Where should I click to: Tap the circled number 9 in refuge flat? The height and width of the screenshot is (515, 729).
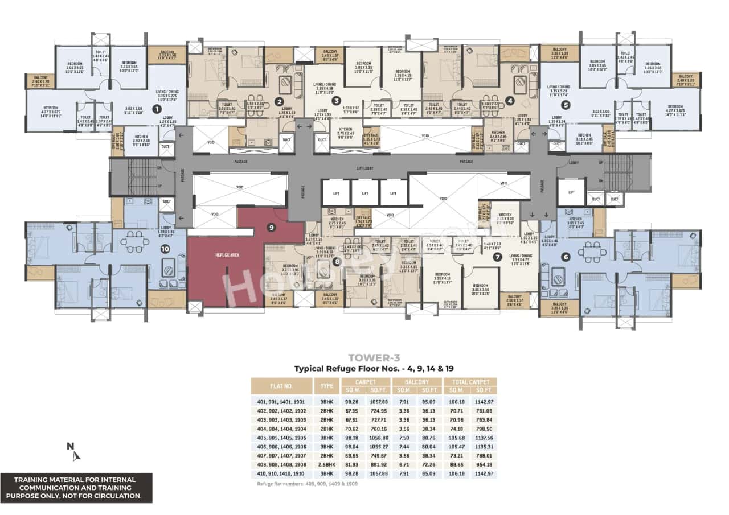pos(271,227)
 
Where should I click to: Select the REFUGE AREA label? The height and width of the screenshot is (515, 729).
pos(226,255)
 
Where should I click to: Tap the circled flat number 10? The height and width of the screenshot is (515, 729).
pos(165,248)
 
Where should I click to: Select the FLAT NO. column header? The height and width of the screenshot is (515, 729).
pos(281,386)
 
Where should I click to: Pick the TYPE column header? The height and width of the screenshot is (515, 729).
pos(326,386)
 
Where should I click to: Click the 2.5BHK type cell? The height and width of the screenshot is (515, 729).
pos(326,465)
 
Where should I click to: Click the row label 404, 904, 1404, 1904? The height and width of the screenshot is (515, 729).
pos(281,429)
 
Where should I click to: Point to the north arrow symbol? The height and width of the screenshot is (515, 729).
pos(75,455)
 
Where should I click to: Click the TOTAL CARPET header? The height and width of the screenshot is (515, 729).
pos(470,382)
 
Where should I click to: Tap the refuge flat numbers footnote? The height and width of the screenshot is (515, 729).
pos(300,484)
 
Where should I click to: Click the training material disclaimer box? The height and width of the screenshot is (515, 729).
pos(76,488)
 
